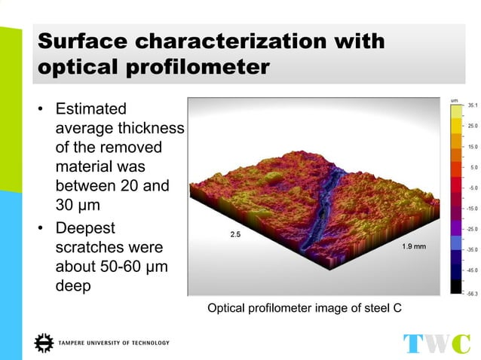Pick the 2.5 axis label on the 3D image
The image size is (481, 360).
[x=235, y=234]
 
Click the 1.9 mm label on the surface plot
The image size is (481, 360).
[x=413, y=246]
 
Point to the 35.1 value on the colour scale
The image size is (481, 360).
[x=472, y=106]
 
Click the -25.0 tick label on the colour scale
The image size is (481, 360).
[x=471, y=228]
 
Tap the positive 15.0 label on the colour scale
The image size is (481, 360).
[x=472, y=147]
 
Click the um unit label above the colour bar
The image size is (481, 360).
[x=454, y=99]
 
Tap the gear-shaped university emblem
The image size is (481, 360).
[x=44, y=342]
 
